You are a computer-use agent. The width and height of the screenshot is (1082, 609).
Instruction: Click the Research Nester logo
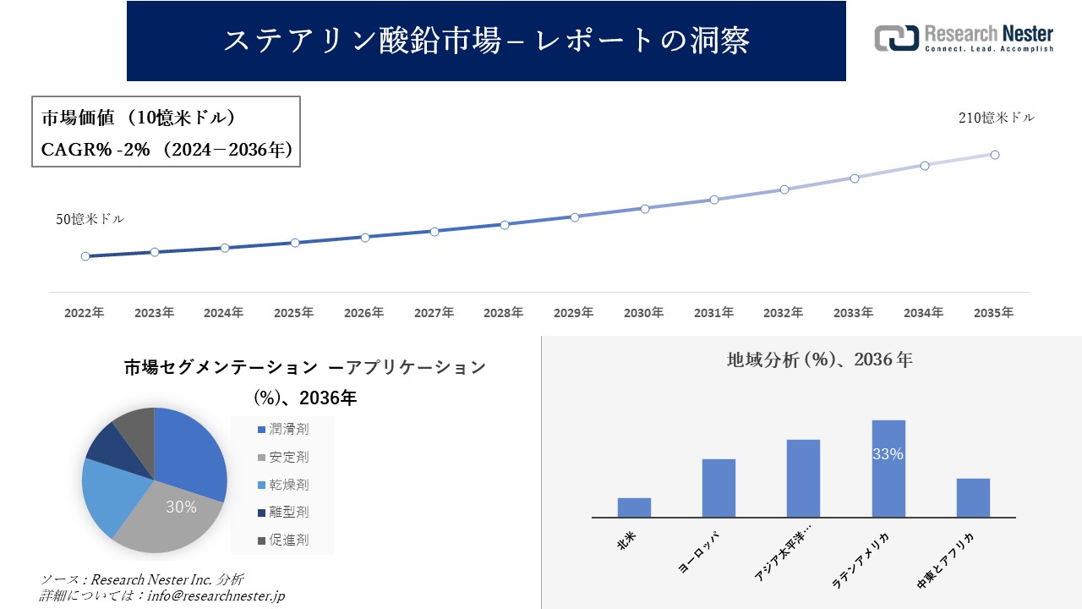(x=964, y=38)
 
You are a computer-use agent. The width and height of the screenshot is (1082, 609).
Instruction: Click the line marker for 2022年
(x=85, y=256)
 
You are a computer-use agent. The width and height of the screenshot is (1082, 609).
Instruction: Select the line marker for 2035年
(x=995, y=155)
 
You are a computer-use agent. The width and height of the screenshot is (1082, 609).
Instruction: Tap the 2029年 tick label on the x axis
(x=573, y=313)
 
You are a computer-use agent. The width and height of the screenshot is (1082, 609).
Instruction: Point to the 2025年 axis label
(x=293, y=313)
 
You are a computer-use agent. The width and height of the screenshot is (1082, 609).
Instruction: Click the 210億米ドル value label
(x=996, y=118)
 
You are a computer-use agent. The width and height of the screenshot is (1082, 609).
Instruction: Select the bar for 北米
(x=634, y=507)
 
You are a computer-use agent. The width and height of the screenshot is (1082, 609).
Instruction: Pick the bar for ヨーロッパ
(x=719, y=488)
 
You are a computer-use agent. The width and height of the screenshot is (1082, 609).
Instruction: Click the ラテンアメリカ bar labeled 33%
(x=888, y=469)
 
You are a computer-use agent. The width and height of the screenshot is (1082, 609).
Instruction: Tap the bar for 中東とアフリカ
(x=973, y=497)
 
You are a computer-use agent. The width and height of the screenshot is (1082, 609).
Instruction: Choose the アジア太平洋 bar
(x=803, y=478)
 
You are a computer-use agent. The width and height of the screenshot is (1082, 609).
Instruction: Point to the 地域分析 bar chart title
(x=819, y=359)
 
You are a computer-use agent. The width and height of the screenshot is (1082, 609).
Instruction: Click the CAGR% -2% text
(x=96, y=150)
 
